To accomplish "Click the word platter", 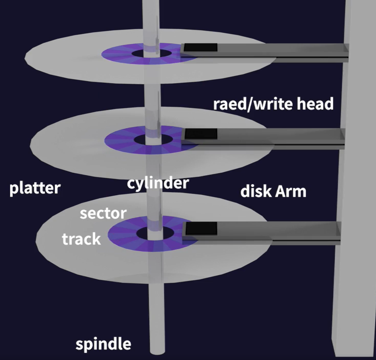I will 35,189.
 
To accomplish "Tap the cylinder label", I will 158,183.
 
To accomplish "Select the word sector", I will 103,213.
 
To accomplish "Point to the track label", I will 81,239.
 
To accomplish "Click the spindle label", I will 103,344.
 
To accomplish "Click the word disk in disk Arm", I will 256,191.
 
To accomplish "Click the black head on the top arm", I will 200,48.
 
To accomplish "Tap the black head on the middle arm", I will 201,134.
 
